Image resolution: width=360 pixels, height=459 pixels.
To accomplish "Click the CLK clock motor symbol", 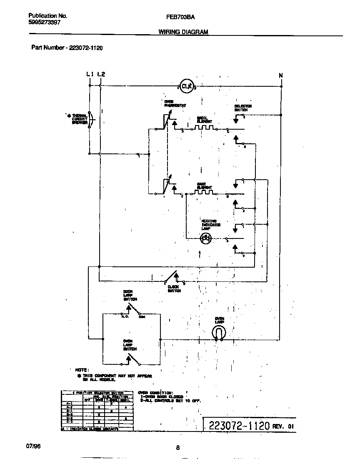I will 187,86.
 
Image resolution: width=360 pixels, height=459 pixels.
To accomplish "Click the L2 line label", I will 101,74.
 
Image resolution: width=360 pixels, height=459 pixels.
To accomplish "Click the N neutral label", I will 281,75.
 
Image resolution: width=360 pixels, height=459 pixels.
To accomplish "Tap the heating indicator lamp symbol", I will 205,238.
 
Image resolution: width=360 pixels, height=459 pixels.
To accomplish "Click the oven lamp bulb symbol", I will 220,332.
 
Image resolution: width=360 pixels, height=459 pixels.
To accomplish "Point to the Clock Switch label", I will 174,288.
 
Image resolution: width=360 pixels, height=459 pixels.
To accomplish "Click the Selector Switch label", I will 243,108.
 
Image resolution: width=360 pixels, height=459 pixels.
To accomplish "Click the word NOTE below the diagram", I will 82,370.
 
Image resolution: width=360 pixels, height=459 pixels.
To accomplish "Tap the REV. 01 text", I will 283,426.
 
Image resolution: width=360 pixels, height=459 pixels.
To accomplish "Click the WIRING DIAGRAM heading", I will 183,32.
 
